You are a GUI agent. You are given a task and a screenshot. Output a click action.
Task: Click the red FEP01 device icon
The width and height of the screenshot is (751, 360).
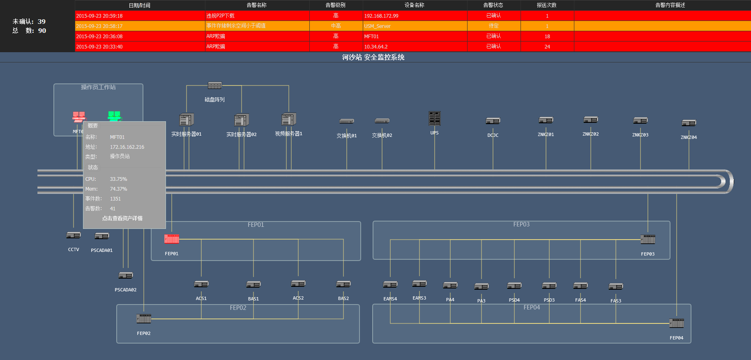172,238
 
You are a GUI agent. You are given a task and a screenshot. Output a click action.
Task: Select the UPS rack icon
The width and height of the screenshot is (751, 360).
434,118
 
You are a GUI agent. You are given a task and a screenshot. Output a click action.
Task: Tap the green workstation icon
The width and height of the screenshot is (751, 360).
114,116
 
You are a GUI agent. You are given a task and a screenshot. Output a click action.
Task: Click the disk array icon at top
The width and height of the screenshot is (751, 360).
214,85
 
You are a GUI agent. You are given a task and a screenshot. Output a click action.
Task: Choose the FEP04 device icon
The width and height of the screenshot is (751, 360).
676,323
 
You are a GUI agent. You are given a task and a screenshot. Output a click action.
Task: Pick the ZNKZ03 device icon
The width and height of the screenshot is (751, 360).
640,120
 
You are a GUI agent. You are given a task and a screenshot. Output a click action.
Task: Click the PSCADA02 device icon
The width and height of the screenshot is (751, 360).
126,275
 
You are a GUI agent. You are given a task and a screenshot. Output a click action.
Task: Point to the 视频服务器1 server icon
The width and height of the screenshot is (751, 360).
289,119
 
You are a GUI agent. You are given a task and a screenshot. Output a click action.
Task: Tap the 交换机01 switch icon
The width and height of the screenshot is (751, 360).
346,121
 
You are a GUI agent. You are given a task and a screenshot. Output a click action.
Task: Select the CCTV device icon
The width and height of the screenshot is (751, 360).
74,235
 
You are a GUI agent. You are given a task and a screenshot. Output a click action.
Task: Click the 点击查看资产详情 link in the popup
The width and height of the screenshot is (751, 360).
122,218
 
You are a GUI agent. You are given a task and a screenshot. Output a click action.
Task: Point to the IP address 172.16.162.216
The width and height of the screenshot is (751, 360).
127,147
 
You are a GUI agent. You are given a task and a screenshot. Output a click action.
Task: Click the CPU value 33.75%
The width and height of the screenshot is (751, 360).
118,179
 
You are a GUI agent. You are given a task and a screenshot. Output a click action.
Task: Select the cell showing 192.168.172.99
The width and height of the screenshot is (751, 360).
381,16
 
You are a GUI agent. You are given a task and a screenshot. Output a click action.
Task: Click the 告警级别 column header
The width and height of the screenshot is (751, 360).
336,5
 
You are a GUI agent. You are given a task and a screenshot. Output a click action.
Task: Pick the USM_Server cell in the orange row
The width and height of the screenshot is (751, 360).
377,26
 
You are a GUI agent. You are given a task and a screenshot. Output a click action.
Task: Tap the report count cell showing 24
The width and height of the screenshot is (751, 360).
547,46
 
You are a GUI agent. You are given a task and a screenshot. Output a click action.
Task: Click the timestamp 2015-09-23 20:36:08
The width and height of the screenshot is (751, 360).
99,36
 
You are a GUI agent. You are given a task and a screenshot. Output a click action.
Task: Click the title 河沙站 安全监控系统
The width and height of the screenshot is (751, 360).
373,57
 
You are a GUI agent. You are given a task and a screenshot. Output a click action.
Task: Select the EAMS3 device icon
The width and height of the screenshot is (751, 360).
419,284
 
